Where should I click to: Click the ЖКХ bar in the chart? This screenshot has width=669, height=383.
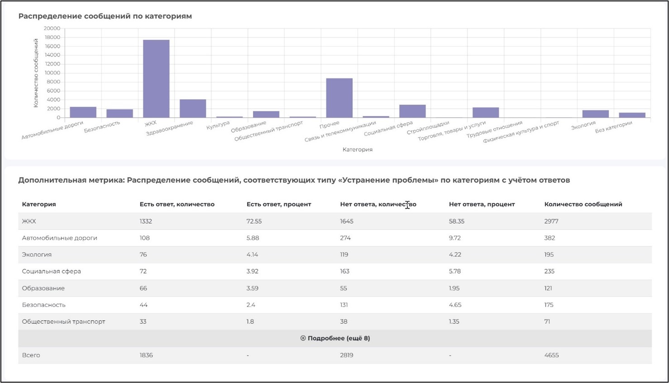[x=156, y=79]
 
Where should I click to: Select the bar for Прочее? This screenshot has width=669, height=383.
[x=339, y=98]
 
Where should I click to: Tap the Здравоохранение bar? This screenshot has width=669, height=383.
[x=193, y=109]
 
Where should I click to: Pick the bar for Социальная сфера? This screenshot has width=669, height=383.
[x=412, y=111]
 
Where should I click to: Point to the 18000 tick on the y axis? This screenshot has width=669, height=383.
[x=52, y=37]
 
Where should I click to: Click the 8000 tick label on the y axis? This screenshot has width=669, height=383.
[x=53, y=82]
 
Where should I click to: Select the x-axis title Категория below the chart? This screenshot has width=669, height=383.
[x=357, y=149]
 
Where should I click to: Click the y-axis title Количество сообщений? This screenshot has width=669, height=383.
[x=36, y=72]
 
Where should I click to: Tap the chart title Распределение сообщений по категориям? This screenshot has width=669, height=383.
[x=105, y=16]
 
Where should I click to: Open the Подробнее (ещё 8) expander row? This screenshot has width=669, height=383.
[x=335, y=338]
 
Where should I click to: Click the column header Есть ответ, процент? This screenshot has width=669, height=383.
[x=278, y=204]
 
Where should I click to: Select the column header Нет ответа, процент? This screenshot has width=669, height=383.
[x=482, y=204]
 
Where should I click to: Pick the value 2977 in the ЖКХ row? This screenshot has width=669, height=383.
[x=551, y=221]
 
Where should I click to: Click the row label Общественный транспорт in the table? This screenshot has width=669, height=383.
[x=63, y=321]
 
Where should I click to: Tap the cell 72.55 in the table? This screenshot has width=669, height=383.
[x=253, y=221]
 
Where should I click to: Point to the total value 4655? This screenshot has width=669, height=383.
[x=551, y=355]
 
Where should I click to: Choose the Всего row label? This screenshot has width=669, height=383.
[x=31, y=355]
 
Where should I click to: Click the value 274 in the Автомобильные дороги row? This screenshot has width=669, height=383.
[x=345, y=238]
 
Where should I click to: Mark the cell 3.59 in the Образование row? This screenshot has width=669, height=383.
[x=252, y=288]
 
